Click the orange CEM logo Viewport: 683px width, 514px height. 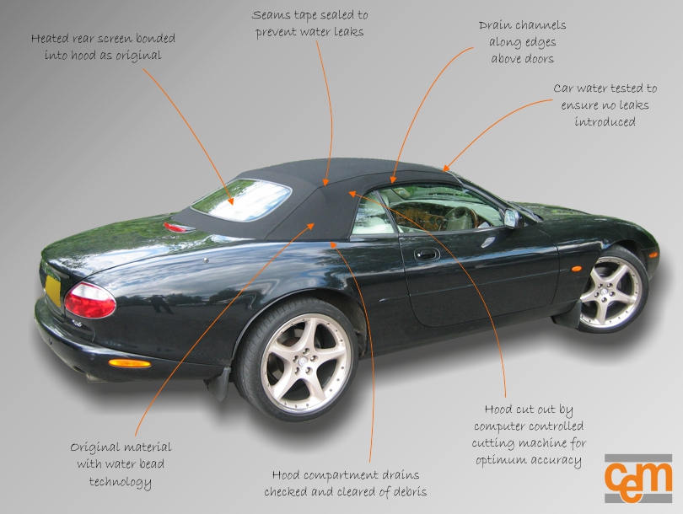pyautogui.click(x=638, y=478)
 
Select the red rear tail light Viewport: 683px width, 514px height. pyautogui.click(x=90, y=300)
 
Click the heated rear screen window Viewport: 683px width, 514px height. pyautogui.click(x=241, y=200)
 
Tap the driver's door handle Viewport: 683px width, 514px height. pyautogui.click(x=427, y=254)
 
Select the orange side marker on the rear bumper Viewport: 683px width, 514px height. pyautogui.click(x=129, y=363)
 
